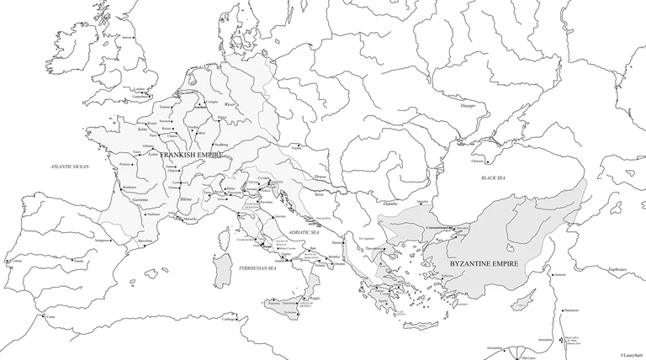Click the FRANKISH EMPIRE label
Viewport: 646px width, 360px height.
coord(190,156)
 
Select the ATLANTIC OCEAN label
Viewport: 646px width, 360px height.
coord(69,167)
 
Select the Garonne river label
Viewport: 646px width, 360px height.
coord(141,200)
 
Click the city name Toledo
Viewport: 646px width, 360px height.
coord(80,262)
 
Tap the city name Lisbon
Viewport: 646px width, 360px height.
coord(18,262)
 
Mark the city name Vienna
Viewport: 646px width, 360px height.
coord(296,148)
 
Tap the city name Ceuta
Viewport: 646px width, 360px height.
coord(50,317)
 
